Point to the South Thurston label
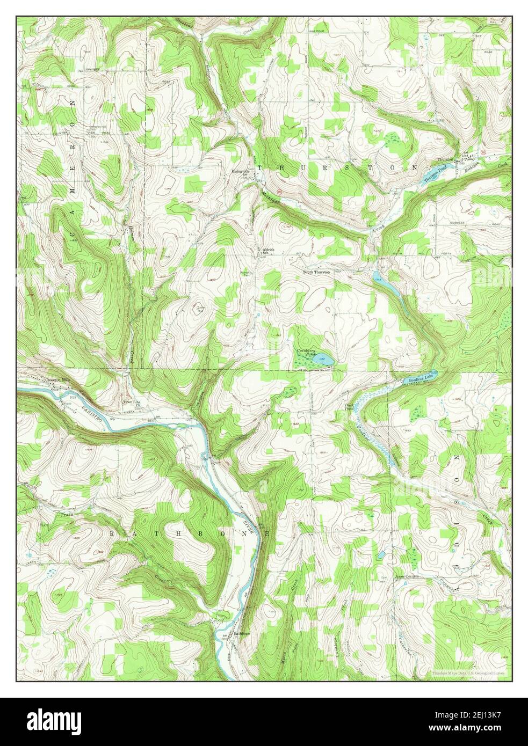pos(316,272)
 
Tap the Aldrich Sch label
pos(269,251)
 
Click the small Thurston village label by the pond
pos(445,160)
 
